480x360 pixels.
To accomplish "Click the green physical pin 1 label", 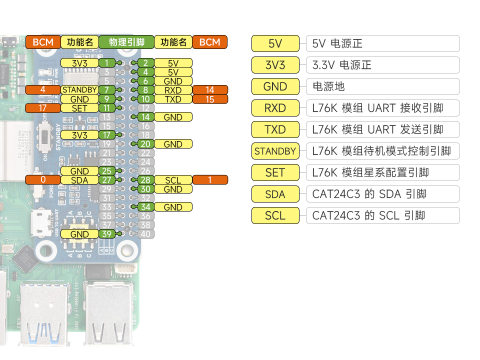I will pos(106,63).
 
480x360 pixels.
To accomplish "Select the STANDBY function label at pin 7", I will pos(79,90).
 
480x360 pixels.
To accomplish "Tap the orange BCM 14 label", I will pos(210,90).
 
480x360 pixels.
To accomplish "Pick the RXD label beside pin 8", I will pos(173,90).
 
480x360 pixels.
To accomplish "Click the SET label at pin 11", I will pos(79,108).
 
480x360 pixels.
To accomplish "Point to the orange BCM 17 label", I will pos(43,108).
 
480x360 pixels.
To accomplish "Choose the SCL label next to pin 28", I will pos(173,180).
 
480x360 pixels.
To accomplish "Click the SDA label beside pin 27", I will pos(79,180).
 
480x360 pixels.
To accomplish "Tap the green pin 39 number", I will pos(106,234).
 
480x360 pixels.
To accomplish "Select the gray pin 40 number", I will pos(145,234).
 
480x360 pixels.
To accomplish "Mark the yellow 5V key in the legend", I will pos(275,43).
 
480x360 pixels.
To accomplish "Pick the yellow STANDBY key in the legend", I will pos(275,151).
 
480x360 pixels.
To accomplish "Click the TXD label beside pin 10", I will pos(173,99).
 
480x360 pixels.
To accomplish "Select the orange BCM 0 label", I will pos(43,180).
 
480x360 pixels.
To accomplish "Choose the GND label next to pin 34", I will pos(173,207).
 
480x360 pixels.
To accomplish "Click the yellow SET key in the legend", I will pos(275,172).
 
